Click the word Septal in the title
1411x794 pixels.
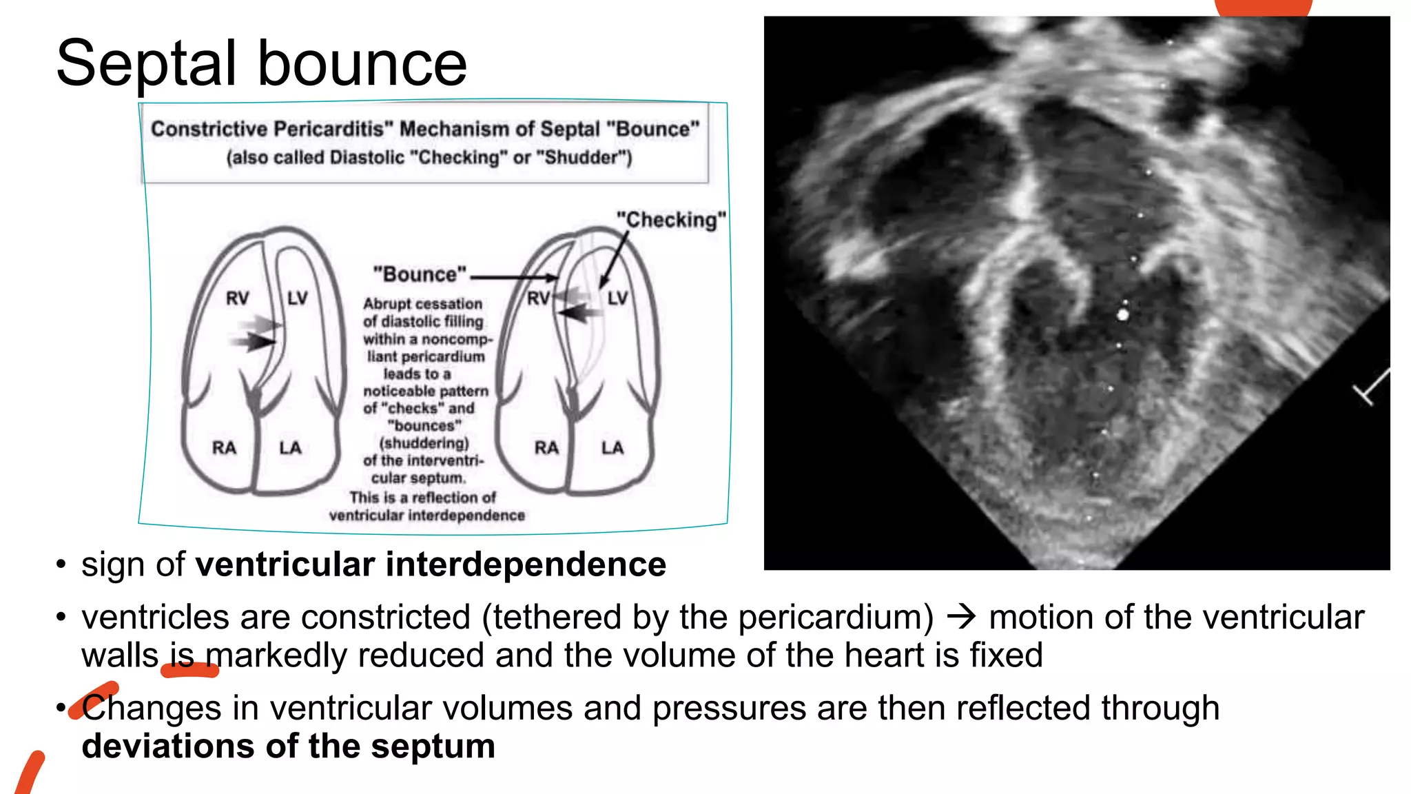click(147, 63)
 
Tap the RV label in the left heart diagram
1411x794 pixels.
click(238, 298)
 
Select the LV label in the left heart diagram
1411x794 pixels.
click(298, 298)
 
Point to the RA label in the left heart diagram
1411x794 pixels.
click(224, 448)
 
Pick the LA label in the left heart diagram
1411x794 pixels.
click(290, 448)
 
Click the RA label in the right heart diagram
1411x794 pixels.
click(546, 448)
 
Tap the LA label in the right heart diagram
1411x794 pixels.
click(612, 448)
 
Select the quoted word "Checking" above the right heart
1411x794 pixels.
click(671, 220)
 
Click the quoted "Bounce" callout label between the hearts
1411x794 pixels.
click(420, 274)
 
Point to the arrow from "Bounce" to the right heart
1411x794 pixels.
click(513, 278)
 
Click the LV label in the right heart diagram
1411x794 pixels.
click(618, 298)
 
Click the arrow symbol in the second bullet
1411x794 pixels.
click(962, 615)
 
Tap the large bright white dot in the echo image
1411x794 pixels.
click(1123, 315)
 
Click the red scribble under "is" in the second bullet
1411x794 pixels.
click(189, 670)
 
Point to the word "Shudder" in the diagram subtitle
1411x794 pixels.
click(588, 158)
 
